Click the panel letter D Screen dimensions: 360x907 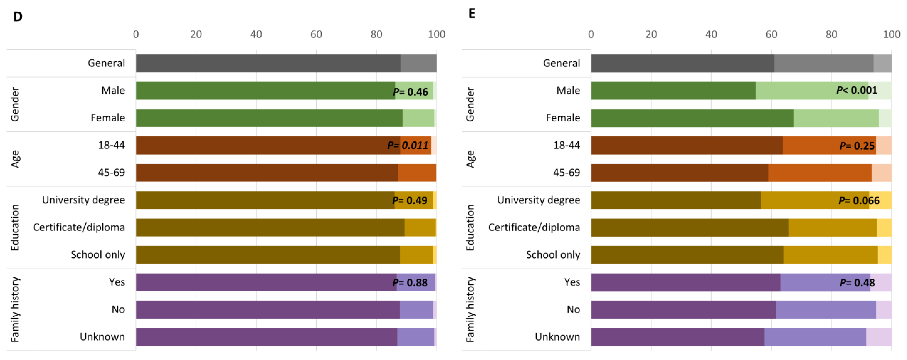point(18,16)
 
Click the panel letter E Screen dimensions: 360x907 point(472,14)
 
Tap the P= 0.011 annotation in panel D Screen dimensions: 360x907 point(408,145)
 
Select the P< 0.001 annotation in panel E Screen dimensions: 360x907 point(857,91)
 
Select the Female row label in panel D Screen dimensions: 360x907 point(108,118)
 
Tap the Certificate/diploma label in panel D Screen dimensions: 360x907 point(79,227)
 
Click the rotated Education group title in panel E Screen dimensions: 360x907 point(470,227)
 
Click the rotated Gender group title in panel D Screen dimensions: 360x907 point(15,104)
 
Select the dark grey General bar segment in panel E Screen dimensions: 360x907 point(682,63)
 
